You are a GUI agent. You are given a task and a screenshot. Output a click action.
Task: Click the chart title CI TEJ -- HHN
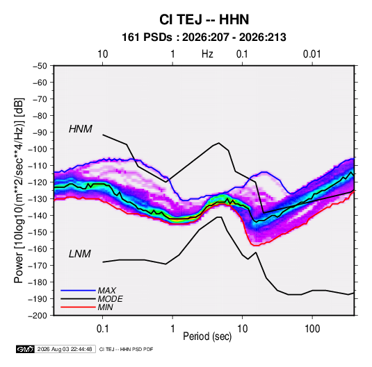click(204, 19)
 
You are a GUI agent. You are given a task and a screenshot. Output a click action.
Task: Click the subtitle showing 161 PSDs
click(204, 37)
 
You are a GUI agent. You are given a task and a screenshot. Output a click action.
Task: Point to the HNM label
click(81, 129)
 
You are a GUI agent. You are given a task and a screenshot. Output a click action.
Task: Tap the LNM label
click(80, 254)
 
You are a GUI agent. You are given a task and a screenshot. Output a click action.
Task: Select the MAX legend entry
click(107, 291)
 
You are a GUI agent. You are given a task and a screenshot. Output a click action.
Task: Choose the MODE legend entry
click(111, 299)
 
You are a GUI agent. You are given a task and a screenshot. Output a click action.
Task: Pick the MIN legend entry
click(105, 307)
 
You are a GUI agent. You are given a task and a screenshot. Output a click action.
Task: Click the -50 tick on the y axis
click(40, 66)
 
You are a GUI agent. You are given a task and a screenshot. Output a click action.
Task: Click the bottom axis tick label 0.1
click(102, 329)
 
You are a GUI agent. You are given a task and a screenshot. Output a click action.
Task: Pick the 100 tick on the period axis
click(312, 329)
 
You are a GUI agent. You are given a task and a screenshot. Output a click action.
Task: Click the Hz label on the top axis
click(207, 54)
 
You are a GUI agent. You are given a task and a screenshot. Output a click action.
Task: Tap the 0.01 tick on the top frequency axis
click(312, 54)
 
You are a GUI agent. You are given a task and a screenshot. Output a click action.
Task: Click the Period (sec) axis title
click(207, 336)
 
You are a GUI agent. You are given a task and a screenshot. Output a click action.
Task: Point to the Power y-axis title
click(19, 191)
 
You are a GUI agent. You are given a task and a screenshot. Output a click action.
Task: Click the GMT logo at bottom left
click(26, 349)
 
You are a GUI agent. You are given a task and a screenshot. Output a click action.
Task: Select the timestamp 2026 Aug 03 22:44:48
click(65, 349)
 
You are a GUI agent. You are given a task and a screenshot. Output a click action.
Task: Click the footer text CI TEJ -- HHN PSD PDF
click(127, 349)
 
